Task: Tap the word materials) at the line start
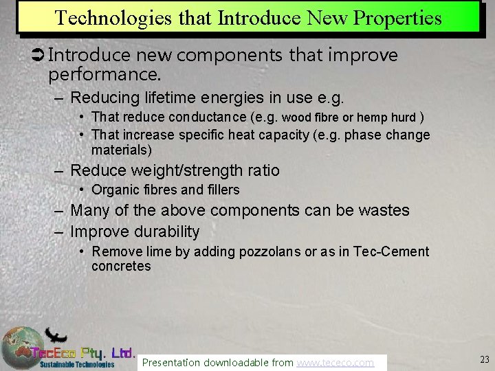[x=122, y=150]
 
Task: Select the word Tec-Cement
[x=390, y=251]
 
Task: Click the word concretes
[x=121, y=266]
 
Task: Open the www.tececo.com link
[x=335, y=362]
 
